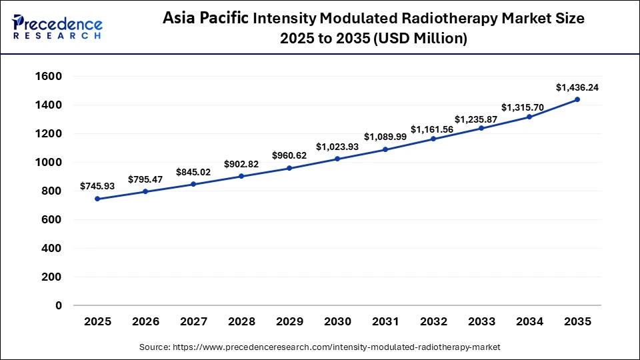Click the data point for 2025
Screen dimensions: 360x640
pos(97,199)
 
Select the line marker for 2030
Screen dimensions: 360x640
pos(337,159)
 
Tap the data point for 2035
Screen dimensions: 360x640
pos(577,99)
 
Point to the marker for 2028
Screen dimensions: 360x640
pos(241,176)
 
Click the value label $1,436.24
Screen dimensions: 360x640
pos(577,87)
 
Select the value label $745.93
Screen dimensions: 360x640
pos(97,186)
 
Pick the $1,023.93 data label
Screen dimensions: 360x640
pos(337,146)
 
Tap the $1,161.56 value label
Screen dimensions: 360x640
pos(433,129)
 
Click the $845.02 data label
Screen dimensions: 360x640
pos(193,172)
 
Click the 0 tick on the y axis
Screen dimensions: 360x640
pos(59,305)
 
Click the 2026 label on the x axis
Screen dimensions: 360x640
pos(145,322)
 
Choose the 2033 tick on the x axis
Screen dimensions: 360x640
pos(481,322)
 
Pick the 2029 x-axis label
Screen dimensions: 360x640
pos(289,322)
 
